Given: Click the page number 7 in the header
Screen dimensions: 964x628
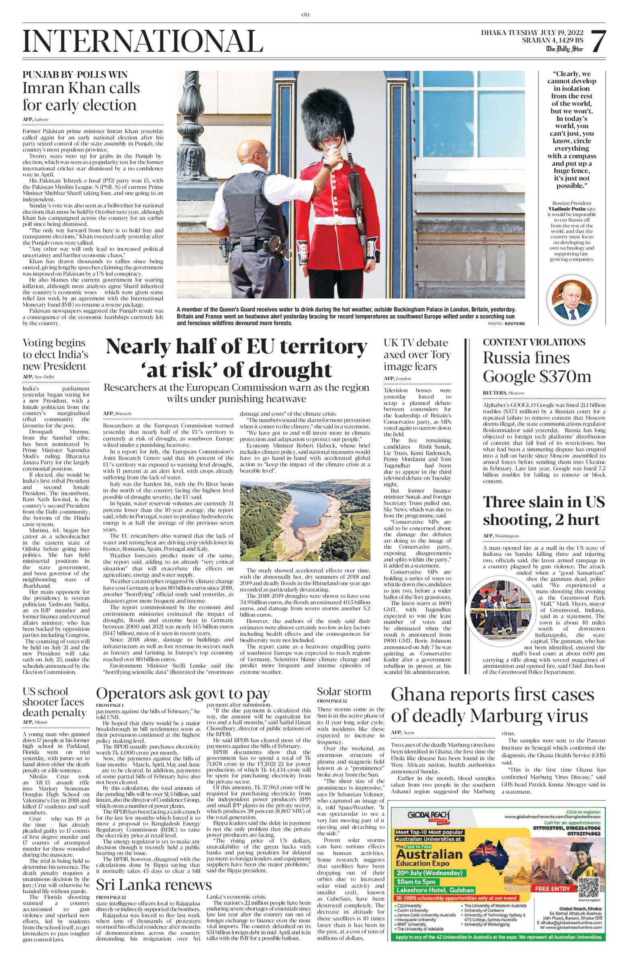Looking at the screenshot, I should (x=598, y=42).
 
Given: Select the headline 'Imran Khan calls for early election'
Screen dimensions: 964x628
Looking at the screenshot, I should (x=81, y=96).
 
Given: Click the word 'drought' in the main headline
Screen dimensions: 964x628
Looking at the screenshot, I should (x=290, y=370).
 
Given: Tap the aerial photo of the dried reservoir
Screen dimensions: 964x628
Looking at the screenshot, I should (x=305, y=520).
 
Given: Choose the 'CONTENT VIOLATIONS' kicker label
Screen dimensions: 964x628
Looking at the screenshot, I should (x=534, y=342).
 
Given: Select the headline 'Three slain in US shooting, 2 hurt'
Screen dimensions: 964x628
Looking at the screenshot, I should (x=543, y=511).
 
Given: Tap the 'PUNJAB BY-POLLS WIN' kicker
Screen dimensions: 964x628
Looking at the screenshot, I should (x=75, y=75).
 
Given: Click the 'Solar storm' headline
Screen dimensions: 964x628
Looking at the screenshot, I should (x=344, y=691).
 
